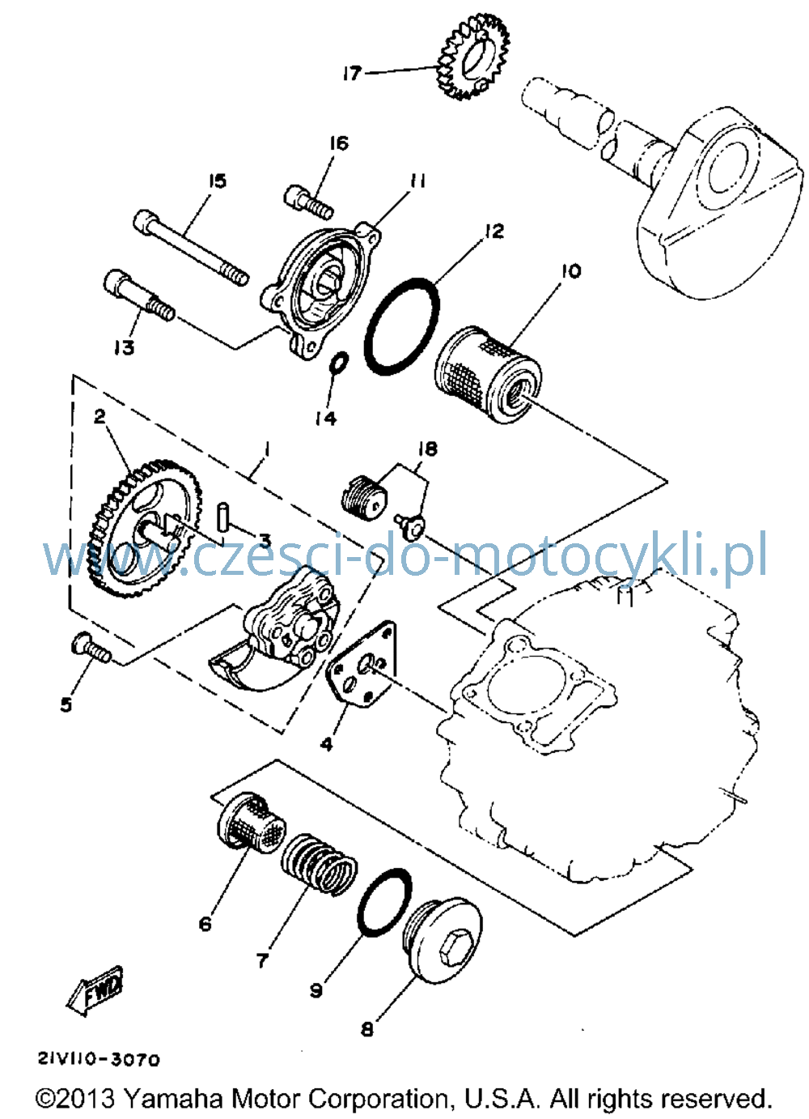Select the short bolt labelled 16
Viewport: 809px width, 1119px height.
pos(309,202)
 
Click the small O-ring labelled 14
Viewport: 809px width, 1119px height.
pos(340,364)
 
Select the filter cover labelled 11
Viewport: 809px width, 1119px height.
pos(320,290)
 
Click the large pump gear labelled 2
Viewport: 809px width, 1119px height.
pos(145,530)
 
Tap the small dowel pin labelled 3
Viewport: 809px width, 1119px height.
pos(222,518)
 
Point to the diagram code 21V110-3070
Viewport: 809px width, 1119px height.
pos(99,1057)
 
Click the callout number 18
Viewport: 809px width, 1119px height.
pos(428,449)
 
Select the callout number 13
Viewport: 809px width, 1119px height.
pos(123,347)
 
